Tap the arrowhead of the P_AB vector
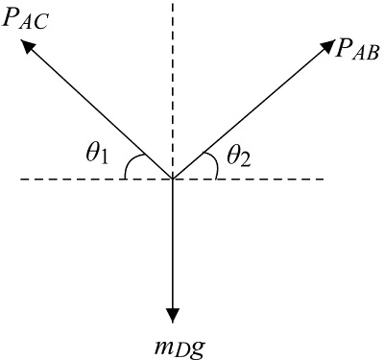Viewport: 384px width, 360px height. [325, 46]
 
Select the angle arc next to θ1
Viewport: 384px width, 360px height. [126, 165]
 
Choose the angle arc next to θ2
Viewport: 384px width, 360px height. [215, 165]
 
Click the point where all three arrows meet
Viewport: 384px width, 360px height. [173, 179]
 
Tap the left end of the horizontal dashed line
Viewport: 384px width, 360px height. [21, 179]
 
